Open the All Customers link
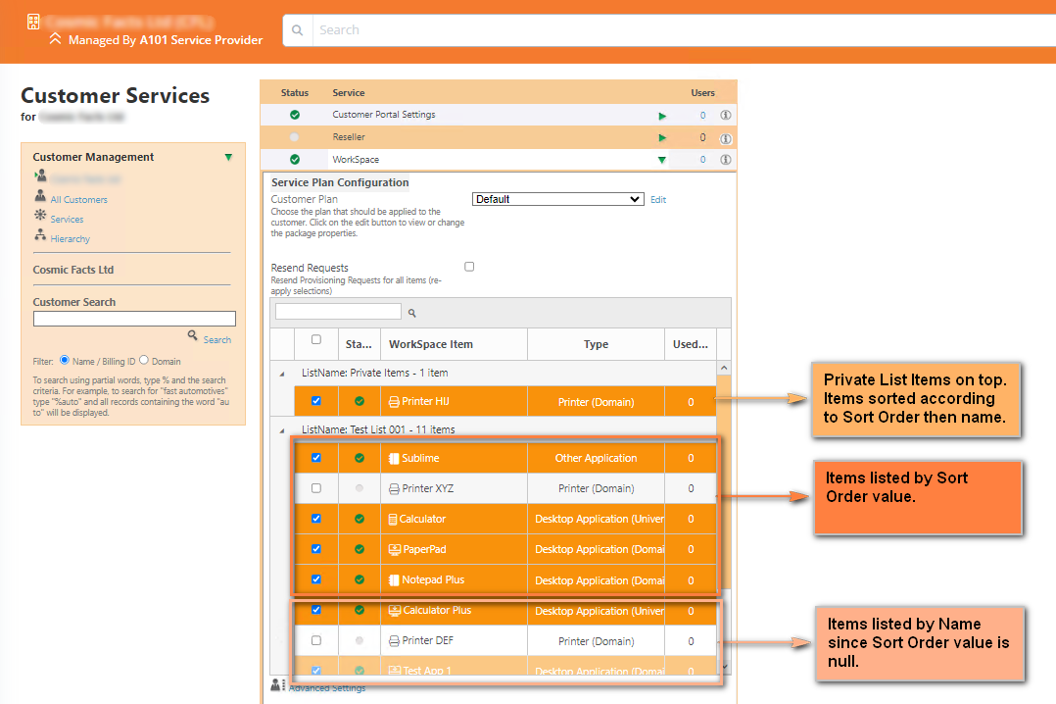point(78,200)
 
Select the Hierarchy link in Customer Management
point(70,239)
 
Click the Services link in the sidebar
point(67,220)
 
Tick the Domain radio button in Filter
point(144,361)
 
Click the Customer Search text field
point(134,319)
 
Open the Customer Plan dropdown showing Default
point(557,199)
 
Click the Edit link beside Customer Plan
point(658,200)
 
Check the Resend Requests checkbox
point(469,267)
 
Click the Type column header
point(596,344)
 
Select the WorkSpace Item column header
point(431,344)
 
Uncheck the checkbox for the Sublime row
point(315,458)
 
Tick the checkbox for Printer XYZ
point(315,488)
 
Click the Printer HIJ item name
point(425,401)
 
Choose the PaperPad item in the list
point(423,549)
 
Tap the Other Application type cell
point(596,458)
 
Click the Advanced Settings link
point(326,688)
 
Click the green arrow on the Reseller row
point(662,137)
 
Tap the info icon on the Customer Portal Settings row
point(726,115)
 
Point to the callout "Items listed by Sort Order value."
point(917,497)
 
